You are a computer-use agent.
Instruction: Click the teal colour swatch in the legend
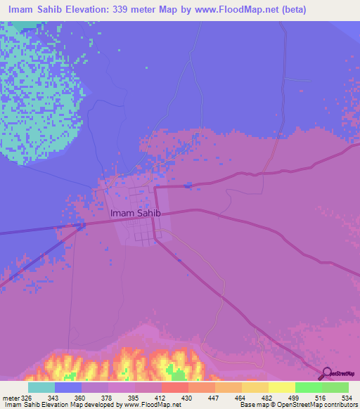click(x=41, y=387)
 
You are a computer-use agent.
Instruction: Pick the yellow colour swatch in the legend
click(x=281, y=387)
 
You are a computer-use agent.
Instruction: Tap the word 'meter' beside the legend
click(x=11, y=397)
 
